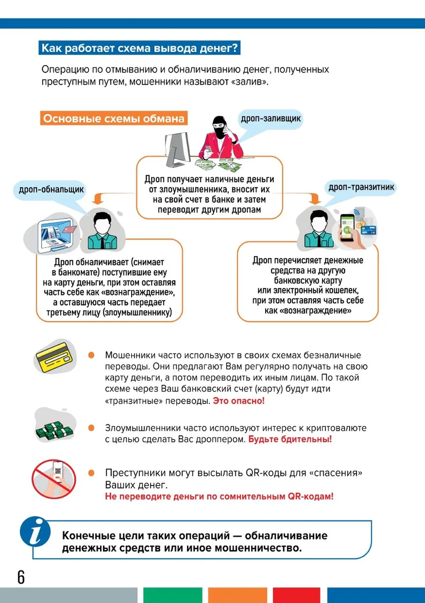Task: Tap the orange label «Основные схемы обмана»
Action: click(114, 119)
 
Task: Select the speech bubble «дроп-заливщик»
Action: click(271, 119)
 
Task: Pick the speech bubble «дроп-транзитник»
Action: click(361, 187)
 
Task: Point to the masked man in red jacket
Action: click(220, 139)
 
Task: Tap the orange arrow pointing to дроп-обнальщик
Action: click(97, 199)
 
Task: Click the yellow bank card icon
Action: click(54, 357)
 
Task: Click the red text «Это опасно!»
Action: click(239, 401)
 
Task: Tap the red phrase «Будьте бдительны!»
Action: click(290, 439)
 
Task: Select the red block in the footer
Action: click(297, 595)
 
